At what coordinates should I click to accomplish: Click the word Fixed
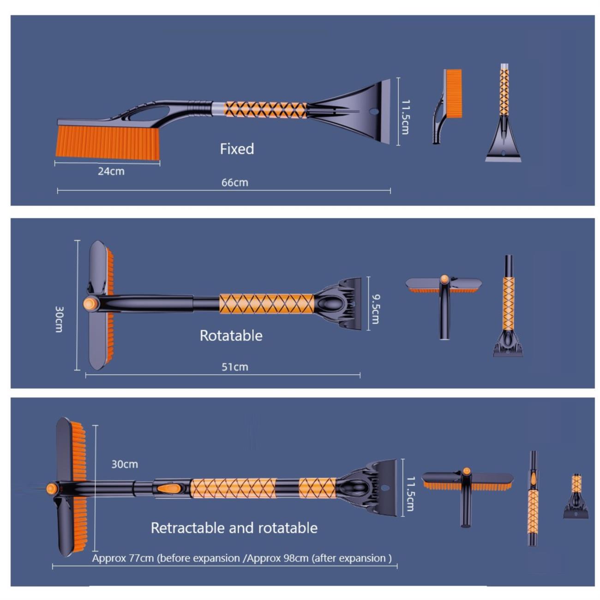(237, 149)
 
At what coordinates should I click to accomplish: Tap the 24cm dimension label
(111, 171)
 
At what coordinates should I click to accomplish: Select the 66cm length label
(235, 183)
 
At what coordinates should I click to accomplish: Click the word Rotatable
(231, 336)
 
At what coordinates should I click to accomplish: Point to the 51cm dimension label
(235, 367)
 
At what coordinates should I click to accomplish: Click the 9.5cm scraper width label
(376, 309)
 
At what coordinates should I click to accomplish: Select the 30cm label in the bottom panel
(125, 464)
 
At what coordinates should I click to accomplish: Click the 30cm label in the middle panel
(59, 319)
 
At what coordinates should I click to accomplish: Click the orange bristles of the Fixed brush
(108, 142)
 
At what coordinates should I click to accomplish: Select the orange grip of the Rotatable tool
(266, 304)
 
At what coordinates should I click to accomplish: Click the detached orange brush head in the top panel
(453, 93)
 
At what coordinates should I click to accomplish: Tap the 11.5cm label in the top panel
(405, 117)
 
